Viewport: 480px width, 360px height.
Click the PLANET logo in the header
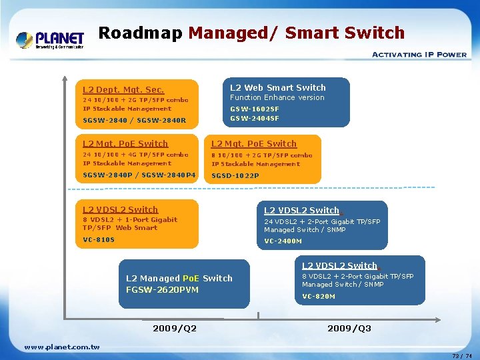[x=50, y=39]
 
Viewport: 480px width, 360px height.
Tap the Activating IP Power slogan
[x=419, y=55]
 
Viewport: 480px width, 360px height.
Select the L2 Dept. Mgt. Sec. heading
[x=123, y=89]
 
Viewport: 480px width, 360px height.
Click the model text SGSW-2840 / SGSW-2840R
[x=134, y=121]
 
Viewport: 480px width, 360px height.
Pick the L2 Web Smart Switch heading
[x=278, y=87]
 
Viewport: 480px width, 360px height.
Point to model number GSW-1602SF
[x=255, y=109]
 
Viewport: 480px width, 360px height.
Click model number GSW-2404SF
[x=255, y=118]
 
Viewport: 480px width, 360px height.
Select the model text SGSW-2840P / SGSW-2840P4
[x=139, y=175]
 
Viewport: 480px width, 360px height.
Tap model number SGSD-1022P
[x=235, y=176]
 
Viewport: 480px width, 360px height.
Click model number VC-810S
[x=99, y=239]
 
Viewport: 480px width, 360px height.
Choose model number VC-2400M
[x=283, y=241]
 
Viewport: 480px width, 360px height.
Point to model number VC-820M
[x=319, y=296]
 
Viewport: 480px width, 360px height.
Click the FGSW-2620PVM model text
[x=162, y=289]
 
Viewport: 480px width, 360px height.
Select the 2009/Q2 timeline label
[x=175, y=328]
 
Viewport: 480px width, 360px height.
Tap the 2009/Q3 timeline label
[x=349, y=328]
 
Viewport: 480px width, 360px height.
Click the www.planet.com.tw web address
[x=62, y=347]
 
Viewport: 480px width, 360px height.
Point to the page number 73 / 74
[x=461, y=356]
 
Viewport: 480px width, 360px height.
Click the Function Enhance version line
[x=277, y=97]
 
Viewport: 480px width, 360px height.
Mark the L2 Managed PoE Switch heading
[x=179, y=278]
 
